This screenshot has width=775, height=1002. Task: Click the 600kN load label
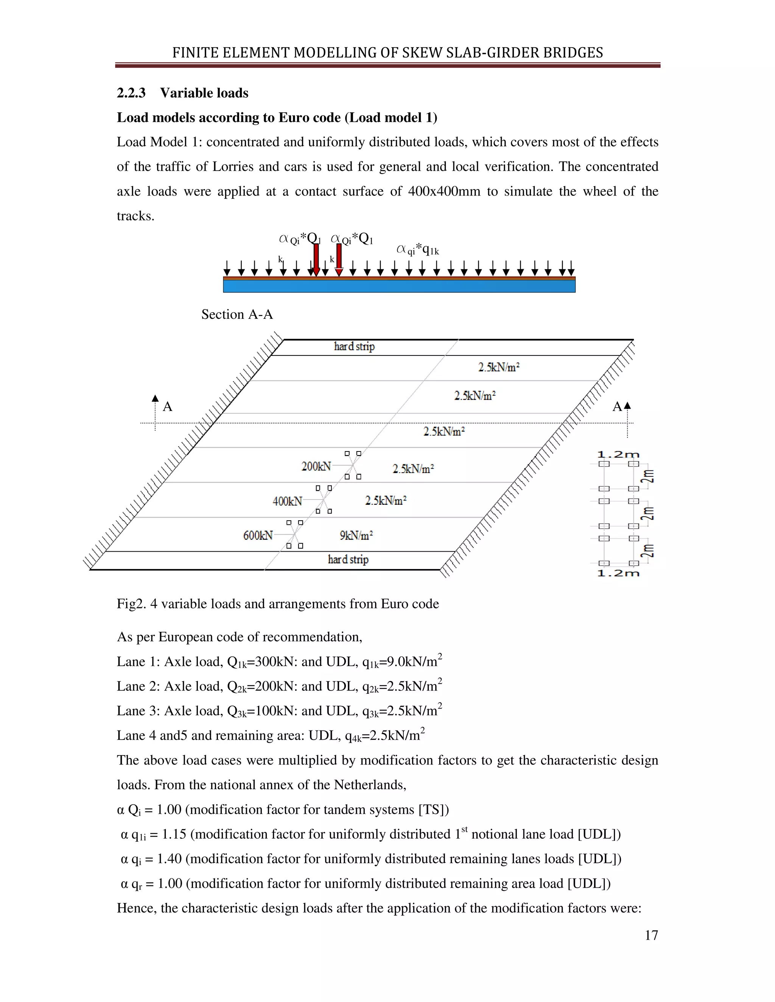point(258,535)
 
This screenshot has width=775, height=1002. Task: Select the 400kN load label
point(288,501)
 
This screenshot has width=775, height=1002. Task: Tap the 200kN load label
point(316,467)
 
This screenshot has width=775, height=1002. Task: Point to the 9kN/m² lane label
point(356,535)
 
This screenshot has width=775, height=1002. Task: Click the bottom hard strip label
point(348,559)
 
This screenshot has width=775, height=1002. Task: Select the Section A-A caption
point(237,314)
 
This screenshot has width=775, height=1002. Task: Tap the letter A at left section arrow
point(168,406)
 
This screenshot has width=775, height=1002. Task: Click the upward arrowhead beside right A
point(628,406)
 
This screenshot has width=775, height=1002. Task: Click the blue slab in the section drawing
point(398,286)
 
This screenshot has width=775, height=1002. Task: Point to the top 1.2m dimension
point(618,454)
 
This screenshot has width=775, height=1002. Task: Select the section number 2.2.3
point(131,93)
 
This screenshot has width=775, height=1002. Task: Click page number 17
point(651,935)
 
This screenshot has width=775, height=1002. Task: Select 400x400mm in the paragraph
point(444,191)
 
